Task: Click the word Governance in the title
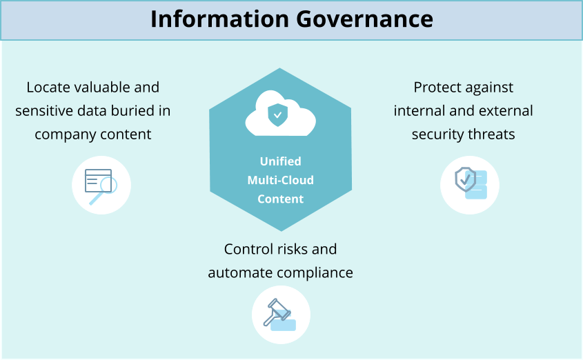(365, 19)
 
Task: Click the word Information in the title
(219, 19)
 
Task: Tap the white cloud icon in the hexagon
(280, 113)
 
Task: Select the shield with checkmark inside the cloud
(278, 114)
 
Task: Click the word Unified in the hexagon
(280, 161)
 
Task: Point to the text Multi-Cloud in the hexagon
(280, 180)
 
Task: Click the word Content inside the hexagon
(280, 199)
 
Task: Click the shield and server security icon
(471, 183)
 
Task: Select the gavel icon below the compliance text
(279, 314)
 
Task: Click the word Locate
(48, 88)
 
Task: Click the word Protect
(437, 88)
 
